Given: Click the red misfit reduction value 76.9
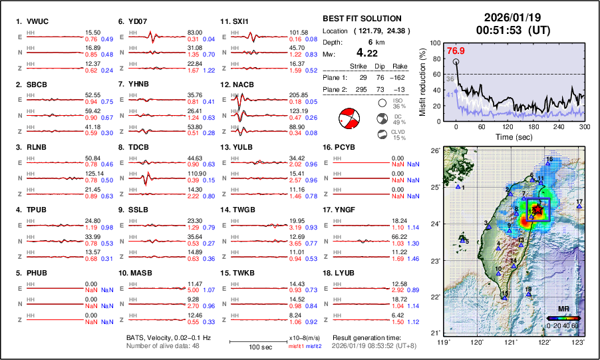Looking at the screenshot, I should [456, 51].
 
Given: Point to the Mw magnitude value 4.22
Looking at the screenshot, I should [369, 53].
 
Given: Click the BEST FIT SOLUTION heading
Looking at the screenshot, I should [361, 19].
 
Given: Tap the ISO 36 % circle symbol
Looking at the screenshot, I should [382, 102].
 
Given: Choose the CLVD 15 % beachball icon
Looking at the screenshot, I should [382, 134].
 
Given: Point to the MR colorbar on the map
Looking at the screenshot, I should [563, 318].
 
